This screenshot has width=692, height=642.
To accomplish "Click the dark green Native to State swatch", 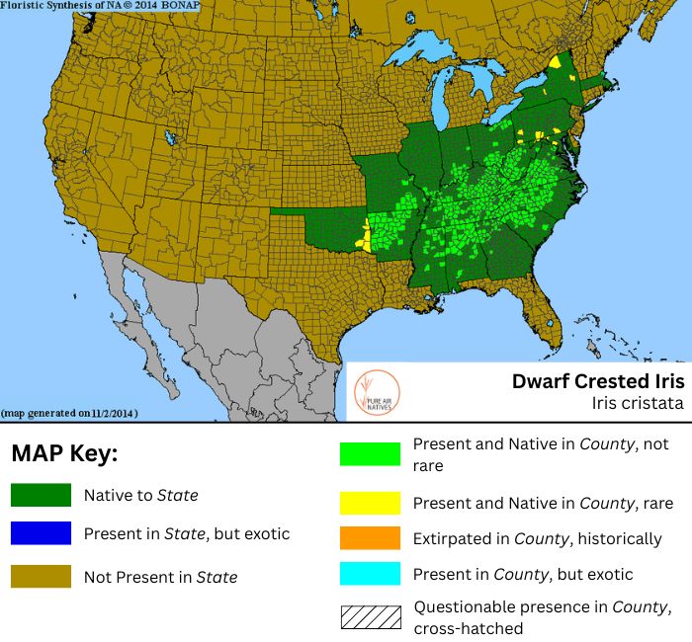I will (41, 495).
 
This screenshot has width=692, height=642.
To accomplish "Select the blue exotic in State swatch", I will (41, 533).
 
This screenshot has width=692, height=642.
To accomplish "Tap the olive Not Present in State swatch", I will (41, 576).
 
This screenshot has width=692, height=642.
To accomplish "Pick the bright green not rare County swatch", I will (370, 453).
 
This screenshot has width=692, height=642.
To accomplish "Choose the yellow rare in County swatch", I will (370, 503).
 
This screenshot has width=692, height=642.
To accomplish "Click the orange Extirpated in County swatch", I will (370, 539).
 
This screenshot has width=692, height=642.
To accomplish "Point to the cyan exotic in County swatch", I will (370, 574).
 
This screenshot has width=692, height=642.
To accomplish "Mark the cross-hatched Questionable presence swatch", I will (370, 616).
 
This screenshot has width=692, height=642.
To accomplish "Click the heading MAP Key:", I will (64, 454).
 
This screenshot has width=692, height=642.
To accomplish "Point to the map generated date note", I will (69, 412).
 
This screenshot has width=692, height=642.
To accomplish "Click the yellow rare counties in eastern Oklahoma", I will (368, 237).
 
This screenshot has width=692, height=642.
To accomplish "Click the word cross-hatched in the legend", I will (465, 626).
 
